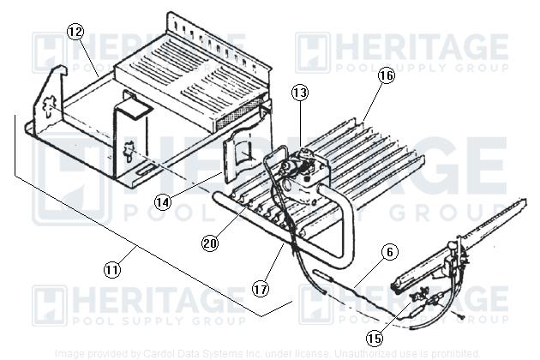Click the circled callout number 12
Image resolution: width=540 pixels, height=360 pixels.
[76, 33]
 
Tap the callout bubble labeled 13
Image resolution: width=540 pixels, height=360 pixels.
[299, 92]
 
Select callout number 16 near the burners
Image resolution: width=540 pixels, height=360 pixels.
[386, 76]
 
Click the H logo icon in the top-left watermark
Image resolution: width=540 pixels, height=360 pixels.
[49, 52]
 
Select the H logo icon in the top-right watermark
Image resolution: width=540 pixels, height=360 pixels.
[312, 52]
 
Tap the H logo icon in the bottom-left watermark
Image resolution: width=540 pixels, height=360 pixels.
[49, 306]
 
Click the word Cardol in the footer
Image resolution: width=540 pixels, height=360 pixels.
[155, 353]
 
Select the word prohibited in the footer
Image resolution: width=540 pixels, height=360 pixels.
[477, 353]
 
